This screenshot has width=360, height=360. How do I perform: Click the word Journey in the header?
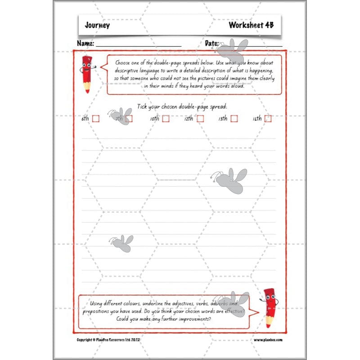(97, 25)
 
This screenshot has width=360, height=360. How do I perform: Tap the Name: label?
(85, 44)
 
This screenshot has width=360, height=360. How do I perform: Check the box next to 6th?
(95, 119)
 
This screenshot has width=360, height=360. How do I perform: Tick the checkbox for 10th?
(166, 119)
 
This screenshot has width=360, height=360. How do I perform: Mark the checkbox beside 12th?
(200, 119)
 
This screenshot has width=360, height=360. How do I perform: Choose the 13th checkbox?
(234, 119)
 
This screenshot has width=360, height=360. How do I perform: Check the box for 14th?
(268, 119)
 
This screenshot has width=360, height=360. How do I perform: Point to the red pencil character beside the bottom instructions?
(270, 307)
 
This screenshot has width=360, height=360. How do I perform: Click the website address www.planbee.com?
(268, 340)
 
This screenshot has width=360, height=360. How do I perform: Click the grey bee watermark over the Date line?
(235, 49)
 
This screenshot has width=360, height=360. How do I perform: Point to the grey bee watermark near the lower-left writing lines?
(121, 243)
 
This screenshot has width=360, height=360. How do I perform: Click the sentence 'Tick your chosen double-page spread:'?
(182, 107)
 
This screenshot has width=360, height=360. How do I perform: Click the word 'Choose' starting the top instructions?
(124, 63)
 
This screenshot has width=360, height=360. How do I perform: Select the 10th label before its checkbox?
(154, 119)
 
